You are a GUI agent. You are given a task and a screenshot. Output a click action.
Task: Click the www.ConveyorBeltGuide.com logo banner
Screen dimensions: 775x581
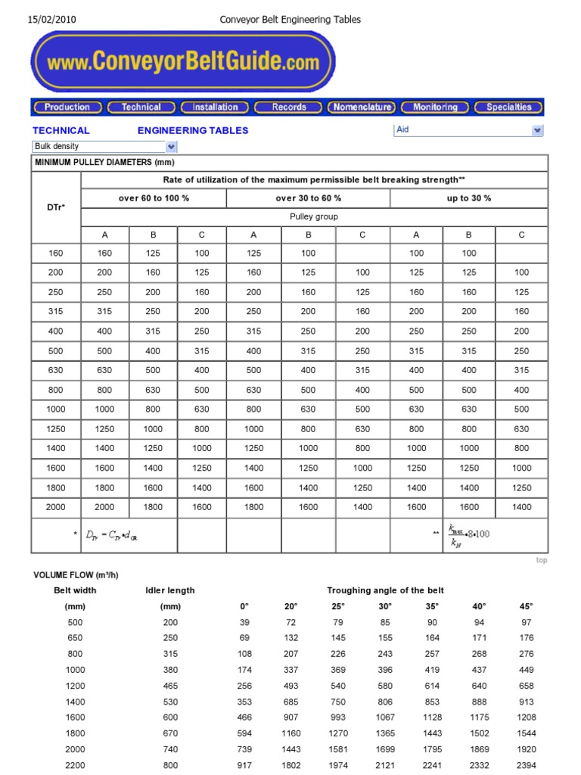[182, 62]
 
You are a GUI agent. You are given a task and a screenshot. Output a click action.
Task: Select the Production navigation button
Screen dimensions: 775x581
[67, 107]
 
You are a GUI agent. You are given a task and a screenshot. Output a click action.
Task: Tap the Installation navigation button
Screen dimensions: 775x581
[215, 107]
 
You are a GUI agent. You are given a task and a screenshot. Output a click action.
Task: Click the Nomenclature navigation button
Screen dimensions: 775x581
[362, 107]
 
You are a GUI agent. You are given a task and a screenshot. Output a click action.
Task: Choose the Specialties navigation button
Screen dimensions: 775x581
[508, 107]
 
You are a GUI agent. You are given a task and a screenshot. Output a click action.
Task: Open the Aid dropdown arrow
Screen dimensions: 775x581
[537, 130]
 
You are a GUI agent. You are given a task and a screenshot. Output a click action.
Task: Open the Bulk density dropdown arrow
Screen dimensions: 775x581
[171, 147]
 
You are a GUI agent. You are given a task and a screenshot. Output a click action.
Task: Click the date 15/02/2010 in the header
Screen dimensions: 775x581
[51, 20]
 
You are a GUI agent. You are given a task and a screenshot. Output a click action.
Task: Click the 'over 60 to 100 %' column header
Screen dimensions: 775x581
[154, 198]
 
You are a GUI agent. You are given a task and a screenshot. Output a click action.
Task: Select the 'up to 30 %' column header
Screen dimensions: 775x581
[469, 198]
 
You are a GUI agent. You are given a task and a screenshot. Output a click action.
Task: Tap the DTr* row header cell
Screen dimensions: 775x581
[56, 207]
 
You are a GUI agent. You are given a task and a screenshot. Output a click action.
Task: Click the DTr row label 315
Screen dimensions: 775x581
[56, 311]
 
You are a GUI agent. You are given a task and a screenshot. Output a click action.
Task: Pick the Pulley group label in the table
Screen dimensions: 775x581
[314, 216]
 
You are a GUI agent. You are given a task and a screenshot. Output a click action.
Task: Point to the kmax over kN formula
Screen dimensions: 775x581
[469, 534]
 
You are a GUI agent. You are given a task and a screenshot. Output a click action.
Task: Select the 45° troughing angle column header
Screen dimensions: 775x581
[526, 606]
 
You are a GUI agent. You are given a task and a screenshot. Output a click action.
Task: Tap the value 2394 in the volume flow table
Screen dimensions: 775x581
[526, 765]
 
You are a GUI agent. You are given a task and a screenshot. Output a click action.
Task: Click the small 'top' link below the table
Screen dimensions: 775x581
[542, 560]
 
